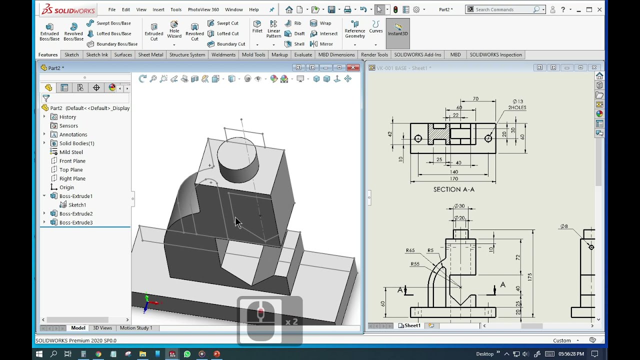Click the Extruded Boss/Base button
pos(49,31)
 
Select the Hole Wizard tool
pos(174,30)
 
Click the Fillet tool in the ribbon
pos(257,26)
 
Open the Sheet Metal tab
pos(150,54)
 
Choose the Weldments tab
pos(223,54)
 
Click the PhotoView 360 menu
pos(203,9)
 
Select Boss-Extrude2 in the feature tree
pos(75,213)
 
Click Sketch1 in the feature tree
pos(77,205)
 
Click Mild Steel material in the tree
pos(71,152)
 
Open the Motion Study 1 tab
pos(135,328)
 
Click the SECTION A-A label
pos(453,189)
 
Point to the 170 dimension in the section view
pos(453,178)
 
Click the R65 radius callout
pos(410,250)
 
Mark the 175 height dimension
pos(529,276)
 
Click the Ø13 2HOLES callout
pos(517,104)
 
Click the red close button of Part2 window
pos(353,67)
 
